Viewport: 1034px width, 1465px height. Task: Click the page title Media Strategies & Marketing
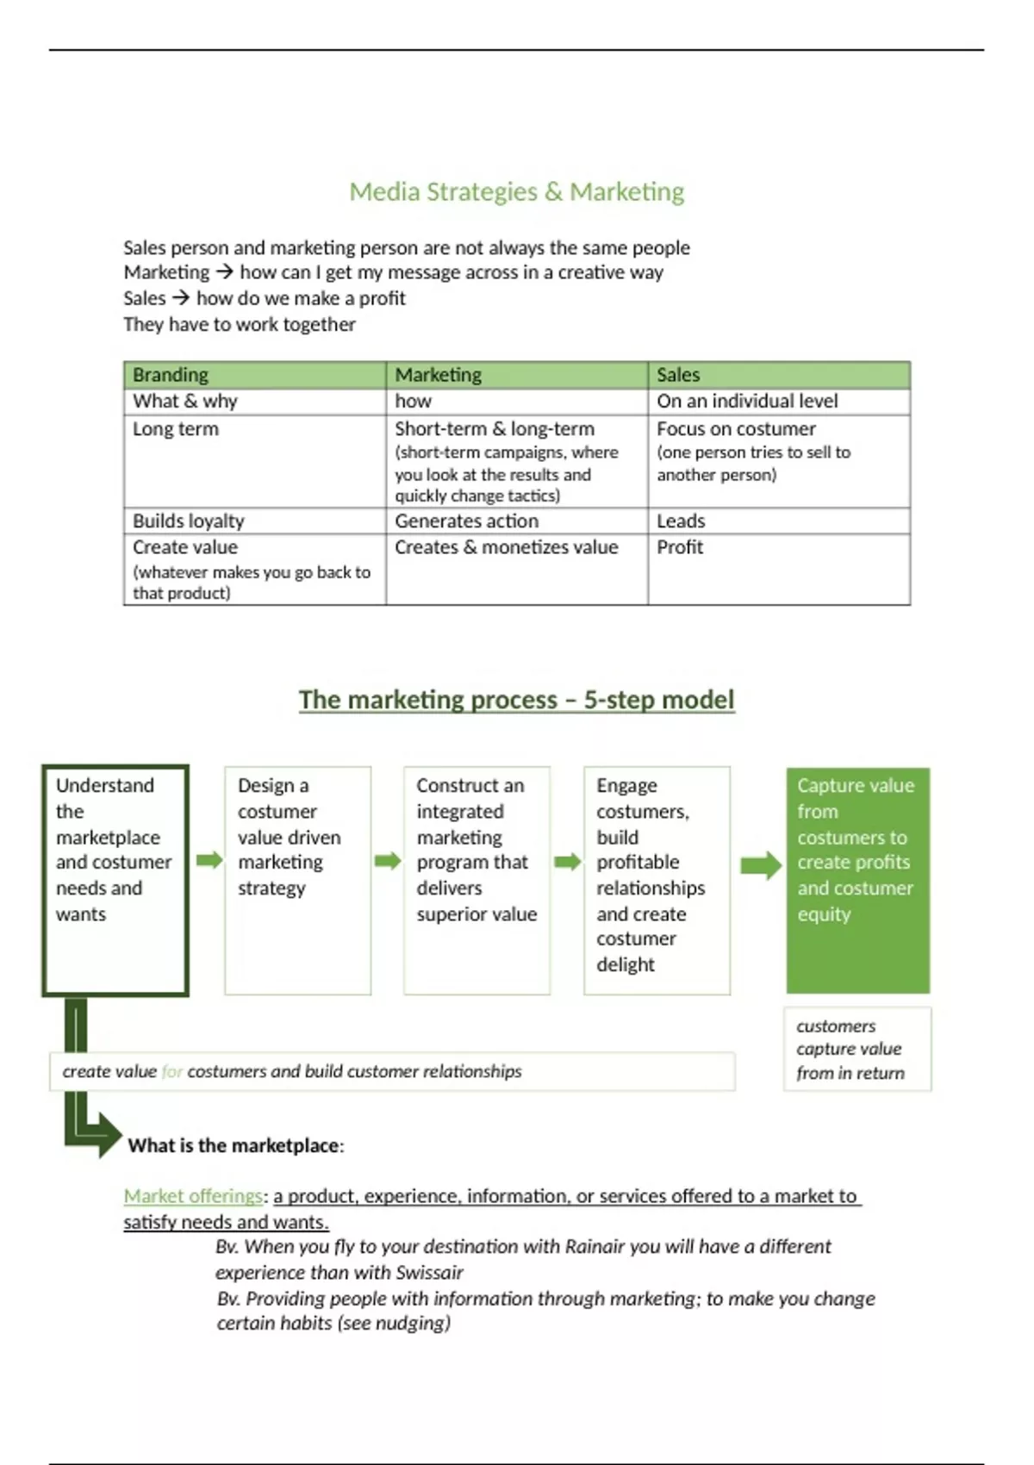516,191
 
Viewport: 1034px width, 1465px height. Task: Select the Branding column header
170,375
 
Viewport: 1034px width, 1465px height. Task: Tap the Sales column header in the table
678,375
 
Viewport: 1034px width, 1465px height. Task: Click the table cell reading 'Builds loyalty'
189,521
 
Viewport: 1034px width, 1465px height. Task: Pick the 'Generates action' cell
466,521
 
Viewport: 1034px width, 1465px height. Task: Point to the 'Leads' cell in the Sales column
681,521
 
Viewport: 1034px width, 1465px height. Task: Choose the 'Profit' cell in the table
680,547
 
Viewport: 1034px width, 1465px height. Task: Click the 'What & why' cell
185,401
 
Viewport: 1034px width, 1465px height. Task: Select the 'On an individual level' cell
747,401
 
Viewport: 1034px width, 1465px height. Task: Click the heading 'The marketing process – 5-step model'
516,699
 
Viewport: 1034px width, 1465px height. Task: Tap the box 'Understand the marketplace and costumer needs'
115,879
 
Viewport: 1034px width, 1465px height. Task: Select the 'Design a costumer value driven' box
297,879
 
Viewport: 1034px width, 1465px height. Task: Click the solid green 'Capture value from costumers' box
857,879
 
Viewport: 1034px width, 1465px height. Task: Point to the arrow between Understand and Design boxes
209,860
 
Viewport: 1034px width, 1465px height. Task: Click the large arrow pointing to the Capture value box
760,864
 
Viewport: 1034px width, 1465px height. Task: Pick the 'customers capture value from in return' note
856,1049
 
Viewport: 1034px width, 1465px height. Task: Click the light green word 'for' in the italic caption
171,1071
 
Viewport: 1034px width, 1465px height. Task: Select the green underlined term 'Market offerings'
193,1196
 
